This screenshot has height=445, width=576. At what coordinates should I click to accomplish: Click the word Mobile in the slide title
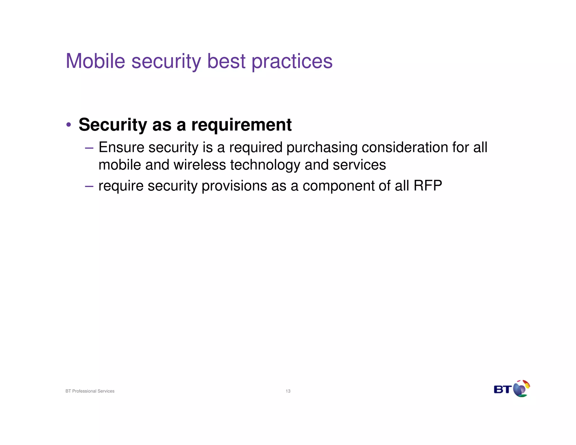(x=95, y=61)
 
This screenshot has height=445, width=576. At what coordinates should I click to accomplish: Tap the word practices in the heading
(x=292, y=62)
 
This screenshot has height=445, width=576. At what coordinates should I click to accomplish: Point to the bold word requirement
(x=241, y=125)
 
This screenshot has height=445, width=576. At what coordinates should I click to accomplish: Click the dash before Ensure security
(x=89, y=148)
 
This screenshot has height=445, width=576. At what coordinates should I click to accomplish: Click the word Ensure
(x=121, y=147)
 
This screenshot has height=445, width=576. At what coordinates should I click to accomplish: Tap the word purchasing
(x=322, y=148)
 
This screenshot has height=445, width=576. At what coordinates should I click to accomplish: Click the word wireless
(x=199, y=165)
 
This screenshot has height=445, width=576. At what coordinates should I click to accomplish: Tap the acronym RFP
(x=427, y=186)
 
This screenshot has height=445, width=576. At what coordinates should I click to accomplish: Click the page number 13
(x=288, y=391)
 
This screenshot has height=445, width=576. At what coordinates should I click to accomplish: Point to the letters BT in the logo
(x=502, y=390)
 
